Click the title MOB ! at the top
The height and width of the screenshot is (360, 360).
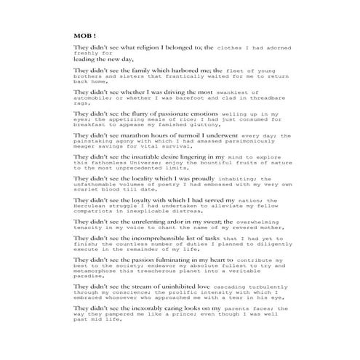coord(84,35)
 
